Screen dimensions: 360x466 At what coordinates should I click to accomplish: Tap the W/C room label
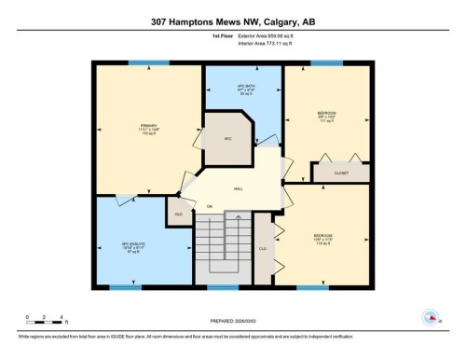226,140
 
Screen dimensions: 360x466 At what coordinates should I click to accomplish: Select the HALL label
239,189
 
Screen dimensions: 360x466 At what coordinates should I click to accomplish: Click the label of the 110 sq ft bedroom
323,237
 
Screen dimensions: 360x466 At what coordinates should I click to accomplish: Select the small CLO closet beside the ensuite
177,214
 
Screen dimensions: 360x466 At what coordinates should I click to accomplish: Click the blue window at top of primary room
148,63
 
